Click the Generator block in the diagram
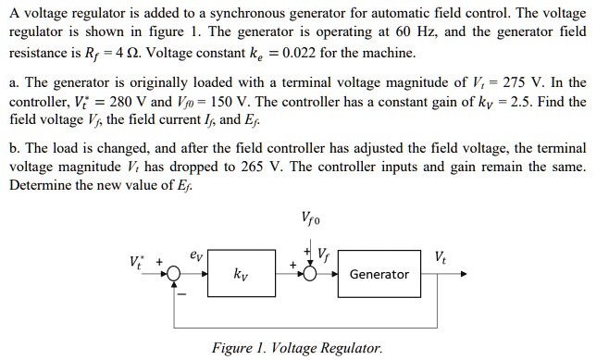(x=379, y=275)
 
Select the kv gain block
(x=241, y=275)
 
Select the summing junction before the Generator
(x=312, y=275)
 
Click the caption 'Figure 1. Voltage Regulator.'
(x=296, y=348)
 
